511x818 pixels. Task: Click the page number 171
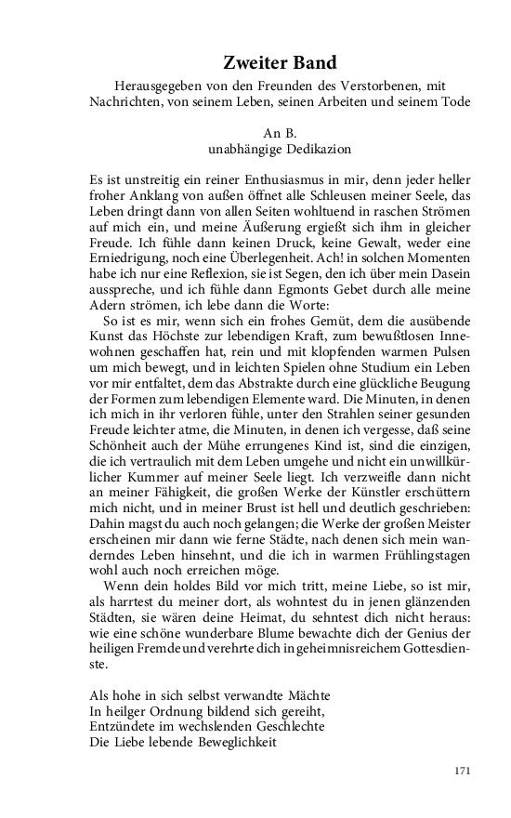coord(464,770)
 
